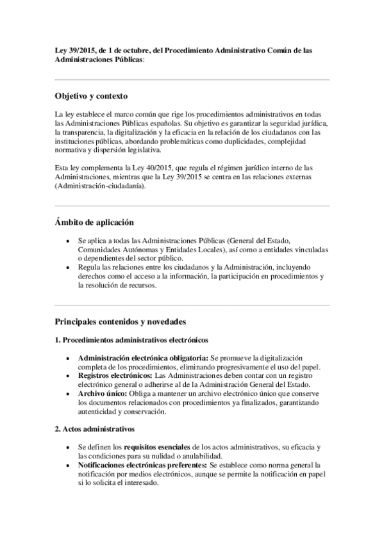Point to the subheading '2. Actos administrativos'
click(x=94, y=428)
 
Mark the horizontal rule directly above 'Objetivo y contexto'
click(x=192, y=80)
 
